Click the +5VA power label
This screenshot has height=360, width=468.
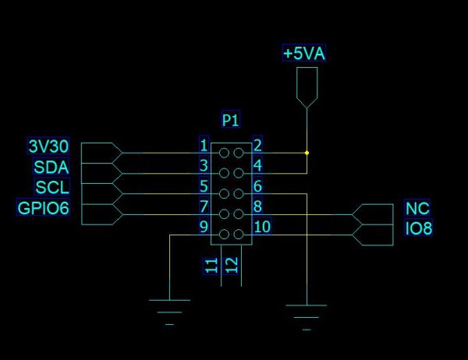[304, 54]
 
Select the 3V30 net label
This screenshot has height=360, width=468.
[48, 146]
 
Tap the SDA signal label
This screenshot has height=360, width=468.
[51, 167]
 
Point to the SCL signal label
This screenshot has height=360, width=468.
[52, 187]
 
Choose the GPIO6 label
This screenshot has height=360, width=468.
[44, 207]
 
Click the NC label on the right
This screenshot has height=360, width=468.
[418, 209]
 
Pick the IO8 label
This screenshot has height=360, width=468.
[419, 229]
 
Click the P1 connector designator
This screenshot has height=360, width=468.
[231, 121]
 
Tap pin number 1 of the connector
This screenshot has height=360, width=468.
[204, 145]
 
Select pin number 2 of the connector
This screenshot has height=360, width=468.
[257, 145]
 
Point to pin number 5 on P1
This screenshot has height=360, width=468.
[204, 186]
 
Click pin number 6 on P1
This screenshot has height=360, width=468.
[257, 186]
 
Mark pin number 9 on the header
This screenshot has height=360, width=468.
[204, 228]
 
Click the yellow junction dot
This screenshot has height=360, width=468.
[307, 152]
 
